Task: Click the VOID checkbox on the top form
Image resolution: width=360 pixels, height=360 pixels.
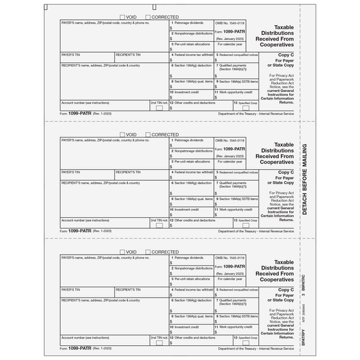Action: point(122,17)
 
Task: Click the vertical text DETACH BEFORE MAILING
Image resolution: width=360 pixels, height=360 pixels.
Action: point(339,175)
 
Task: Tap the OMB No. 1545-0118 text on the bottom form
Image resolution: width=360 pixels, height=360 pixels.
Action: point(230,258)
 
